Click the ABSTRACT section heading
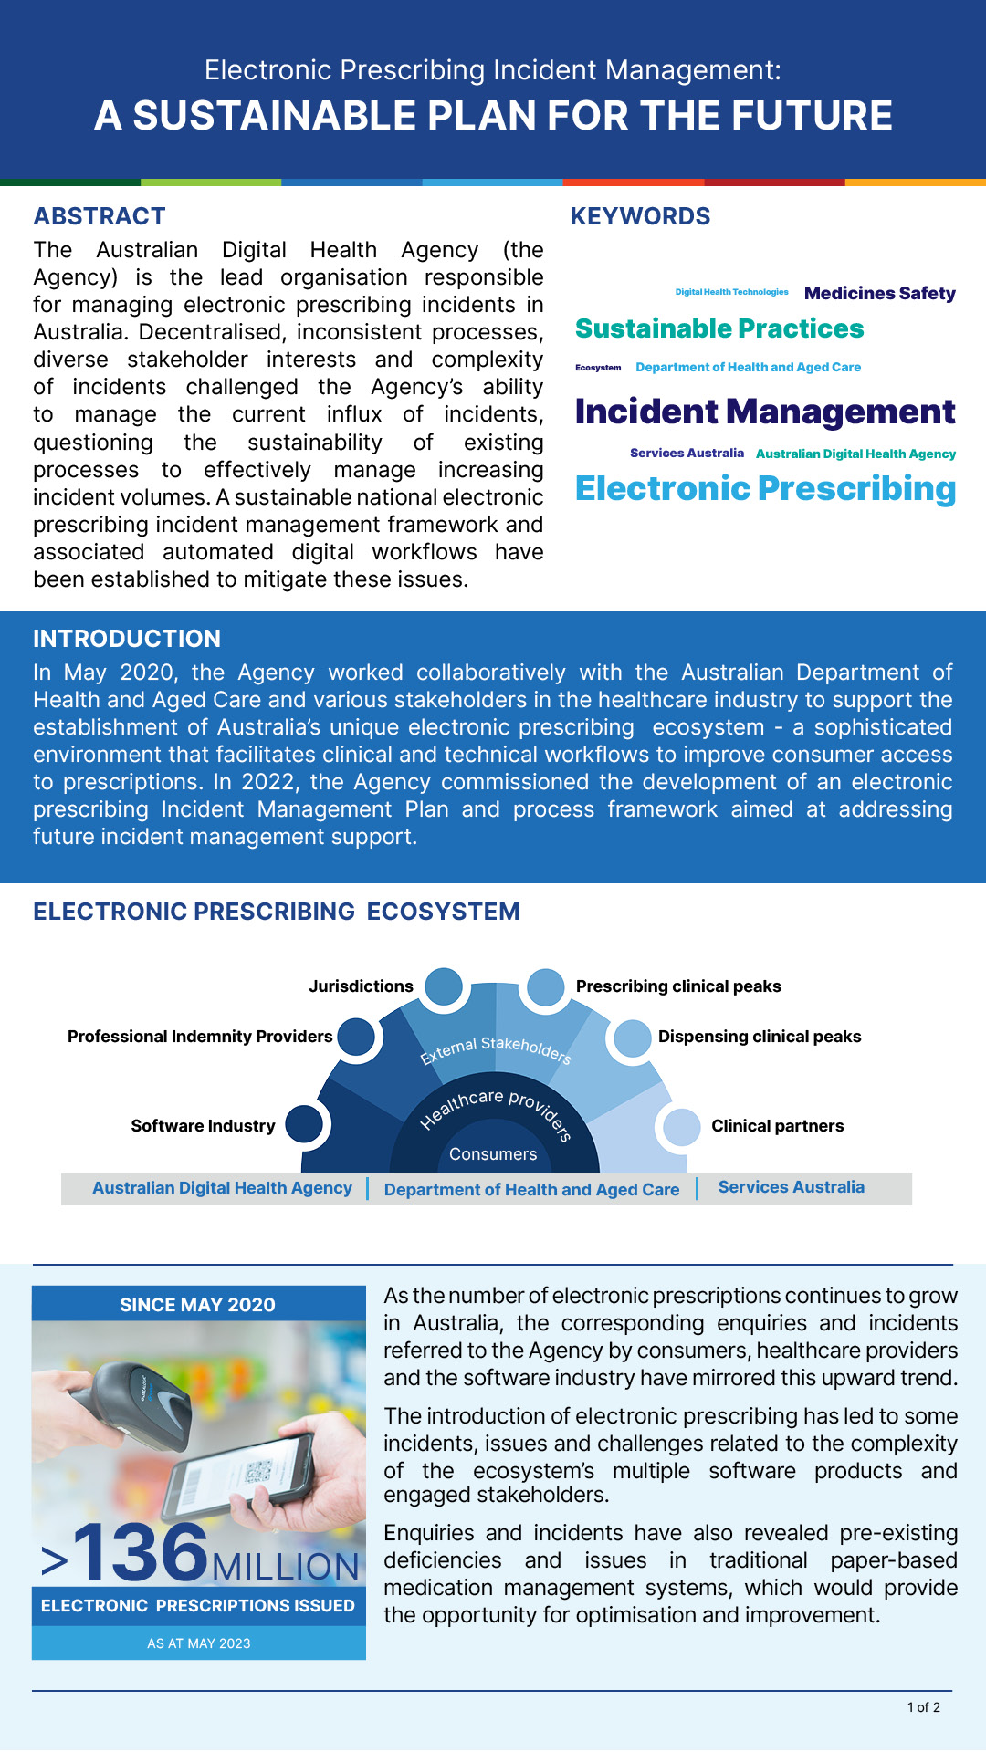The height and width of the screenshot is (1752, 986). [x=100, y=216]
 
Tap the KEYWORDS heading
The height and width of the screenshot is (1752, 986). [x=640, y=216]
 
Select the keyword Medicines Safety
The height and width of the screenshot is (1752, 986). [x=879, y=293]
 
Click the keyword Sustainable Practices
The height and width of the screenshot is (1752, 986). [x=719, y=328]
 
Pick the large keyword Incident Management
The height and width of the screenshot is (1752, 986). [x=765, y=412]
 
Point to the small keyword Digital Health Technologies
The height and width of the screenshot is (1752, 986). [x=731, y=292]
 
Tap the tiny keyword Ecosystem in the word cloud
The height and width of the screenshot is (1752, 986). [x=598, y=368]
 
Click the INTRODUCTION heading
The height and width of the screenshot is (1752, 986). [x=127, y=639]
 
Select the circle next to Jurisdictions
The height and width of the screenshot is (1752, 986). [x=444, y=986]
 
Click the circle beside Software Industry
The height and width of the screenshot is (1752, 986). [x=304, y=1123]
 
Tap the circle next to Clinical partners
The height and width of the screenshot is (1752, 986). [x=681, y=1127]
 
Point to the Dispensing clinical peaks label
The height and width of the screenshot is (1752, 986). [x=760, y=1037]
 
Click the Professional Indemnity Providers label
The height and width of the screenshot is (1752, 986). [x=200, y=1037]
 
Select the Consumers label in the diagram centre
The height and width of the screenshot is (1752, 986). [x=493, y=1154]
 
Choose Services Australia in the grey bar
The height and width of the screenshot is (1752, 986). [x=791, y=1187]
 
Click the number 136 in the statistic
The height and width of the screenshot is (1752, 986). [x=142, y=1552]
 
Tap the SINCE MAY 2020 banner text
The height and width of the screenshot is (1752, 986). [x=197, y=1305]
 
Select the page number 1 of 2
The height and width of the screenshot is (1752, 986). [x=923, y=1707]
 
